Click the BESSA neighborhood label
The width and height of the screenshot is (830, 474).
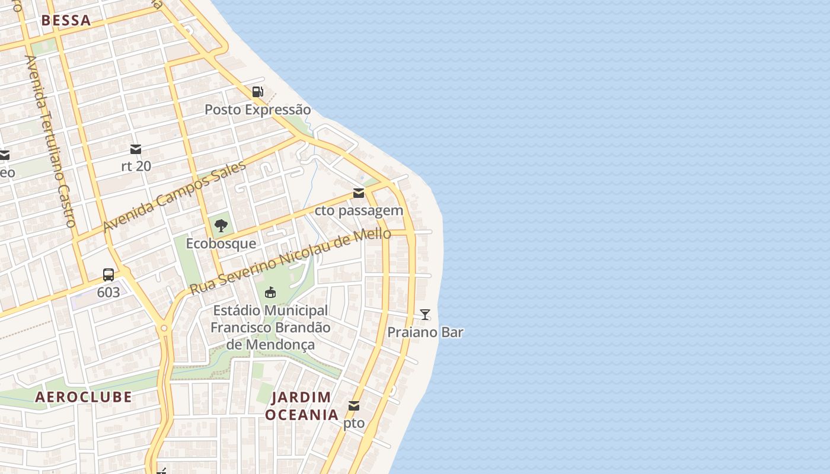[x=66, y=21]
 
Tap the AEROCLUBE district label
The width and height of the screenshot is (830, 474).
[x=84, y=397]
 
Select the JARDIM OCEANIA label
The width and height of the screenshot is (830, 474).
[x=302, y=406]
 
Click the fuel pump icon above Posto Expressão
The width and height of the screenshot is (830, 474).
[x=257, y=92]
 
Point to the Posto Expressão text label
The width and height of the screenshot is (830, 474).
[x=257, y=110]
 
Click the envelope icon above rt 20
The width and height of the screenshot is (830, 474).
[x=136, y=149]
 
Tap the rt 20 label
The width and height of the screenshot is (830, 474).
[x=136, y=166]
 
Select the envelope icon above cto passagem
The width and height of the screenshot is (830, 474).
[x=359, y=193]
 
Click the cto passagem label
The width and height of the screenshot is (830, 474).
[x=359, y=210]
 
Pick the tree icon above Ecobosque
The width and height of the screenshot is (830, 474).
[x=221, y=225]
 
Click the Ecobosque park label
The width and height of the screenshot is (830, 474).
[x=221, y=244]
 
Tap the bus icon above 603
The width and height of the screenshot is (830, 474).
[x=108, y=274]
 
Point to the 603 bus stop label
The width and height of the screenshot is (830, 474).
[x=108, y=292]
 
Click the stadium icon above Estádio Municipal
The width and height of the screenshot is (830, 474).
[x=270, y=292]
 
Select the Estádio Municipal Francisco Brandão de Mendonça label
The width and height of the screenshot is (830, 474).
[x=270, y=327]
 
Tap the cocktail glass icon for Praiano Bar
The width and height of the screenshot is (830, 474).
[x=425, y=315]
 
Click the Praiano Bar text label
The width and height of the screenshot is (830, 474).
[x=425, y=332]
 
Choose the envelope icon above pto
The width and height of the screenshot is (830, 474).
[x=354, y=406]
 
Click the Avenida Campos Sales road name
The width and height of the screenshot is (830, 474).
[x=174, y=197]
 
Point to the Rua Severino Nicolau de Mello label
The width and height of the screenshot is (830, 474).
[x=290, y=261]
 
